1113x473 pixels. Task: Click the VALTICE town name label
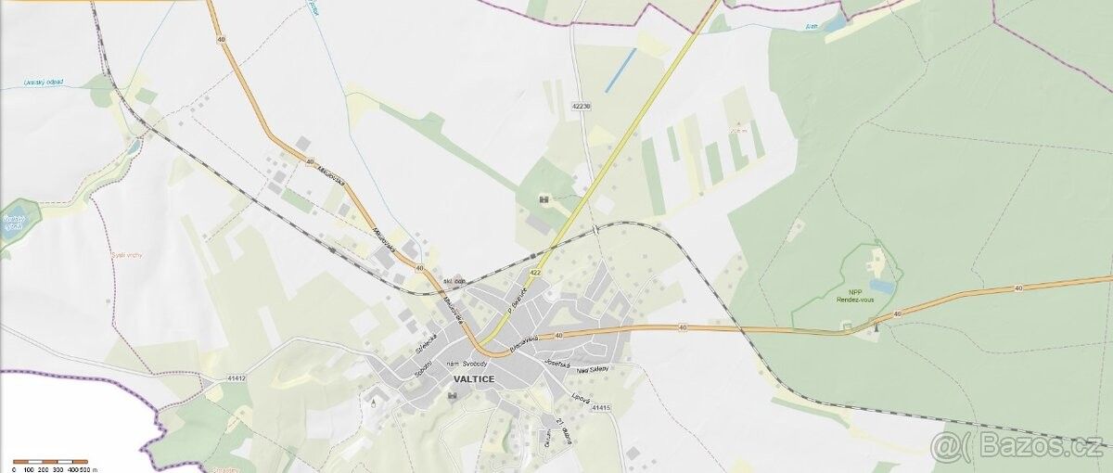coord(473,379)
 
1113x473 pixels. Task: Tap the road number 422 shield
coord(535,273)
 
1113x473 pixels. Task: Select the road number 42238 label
coord(582,107)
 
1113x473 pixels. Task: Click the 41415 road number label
coord(602,407)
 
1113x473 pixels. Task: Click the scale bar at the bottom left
coord(50,461)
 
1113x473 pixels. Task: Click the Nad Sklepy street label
coord(594,369)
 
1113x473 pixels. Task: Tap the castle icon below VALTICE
coord(452,396)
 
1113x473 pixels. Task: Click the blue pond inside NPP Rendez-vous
coord(882,288)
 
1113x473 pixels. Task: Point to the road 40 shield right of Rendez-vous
coord(897,314)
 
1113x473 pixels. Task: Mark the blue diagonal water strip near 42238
coord(620,70)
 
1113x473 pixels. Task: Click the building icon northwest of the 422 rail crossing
coord(544,198)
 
